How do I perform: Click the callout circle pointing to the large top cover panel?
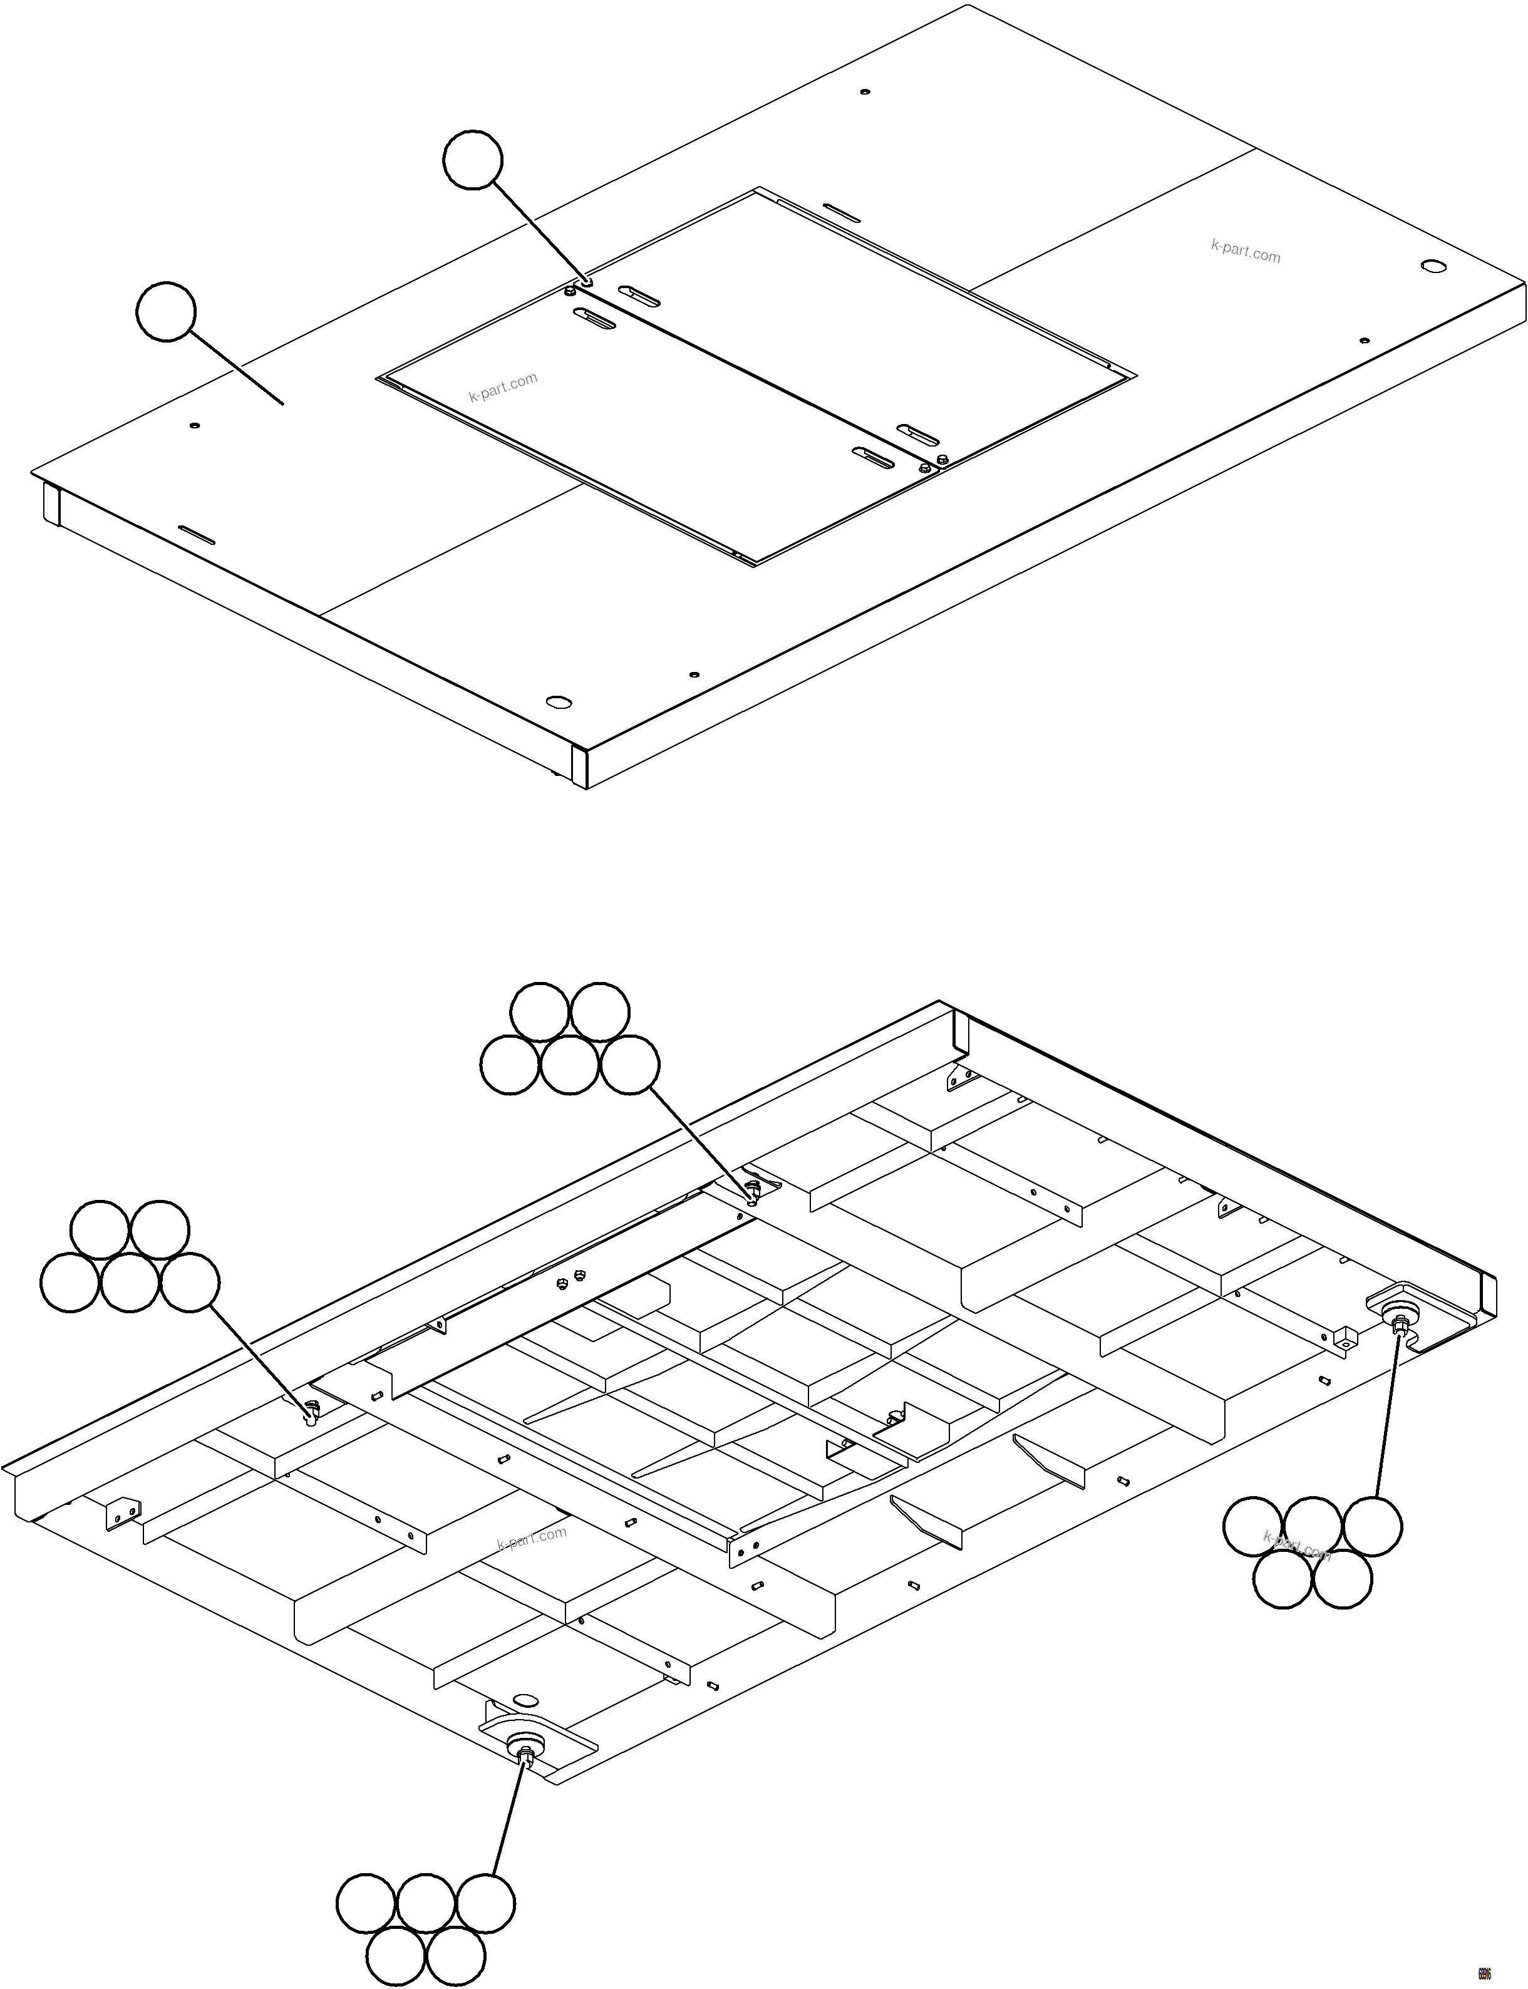[x=165, y=312]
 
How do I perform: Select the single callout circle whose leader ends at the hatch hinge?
[x=472, y=160]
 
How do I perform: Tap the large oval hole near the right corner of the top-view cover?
[x=1433, y=266]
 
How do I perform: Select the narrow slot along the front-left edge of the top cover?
[x=197, y=535]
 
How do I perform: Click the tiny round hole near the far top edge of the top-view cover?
[x=864, y=92]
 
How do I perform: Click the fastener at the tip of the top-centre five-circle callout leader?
[x=752, y=1191]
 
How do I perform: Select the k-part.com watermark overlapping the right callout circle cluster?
[x=1297, y=1546]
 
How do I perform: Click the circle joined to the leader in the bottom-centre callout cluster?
[x=485, y=1903]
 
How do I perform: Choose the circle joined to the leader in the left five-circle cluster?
[x=189, y=1283]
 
